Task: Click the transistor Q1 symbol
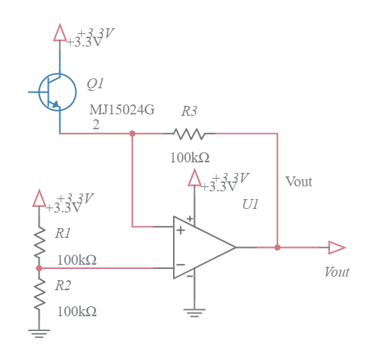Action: click(x=56, y=92)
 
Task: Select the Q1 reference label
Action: click(x=95, y=84)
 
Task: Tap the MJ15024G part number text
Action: click(x=121, y=110)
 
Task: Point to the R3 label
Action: click(x=189, y=111)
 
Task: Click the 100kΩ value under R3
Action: click(x=189, y=157)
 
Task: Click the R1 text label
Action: click(x=63, y=232)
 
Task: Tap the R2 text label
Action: click(x=63, y=285)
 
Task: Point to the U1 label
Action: click(x=250, y=204)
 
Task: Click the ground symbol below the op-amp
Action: click(x=194, y=311)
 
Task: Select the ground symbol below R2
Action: click(x=40, y=333)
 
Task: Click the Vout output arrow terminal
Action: click(x=337, y=247)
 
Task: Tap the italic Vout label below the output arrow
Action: click(x=336, y=272)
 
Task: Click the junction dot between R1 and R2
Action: click(x=40, y=268)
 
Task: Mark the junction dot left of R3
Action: click(x=132, y=133)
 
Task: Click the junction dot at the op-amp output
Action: click(x=277, y=247)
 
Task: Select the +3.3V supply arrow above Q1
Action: click(x=60, y=32)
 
